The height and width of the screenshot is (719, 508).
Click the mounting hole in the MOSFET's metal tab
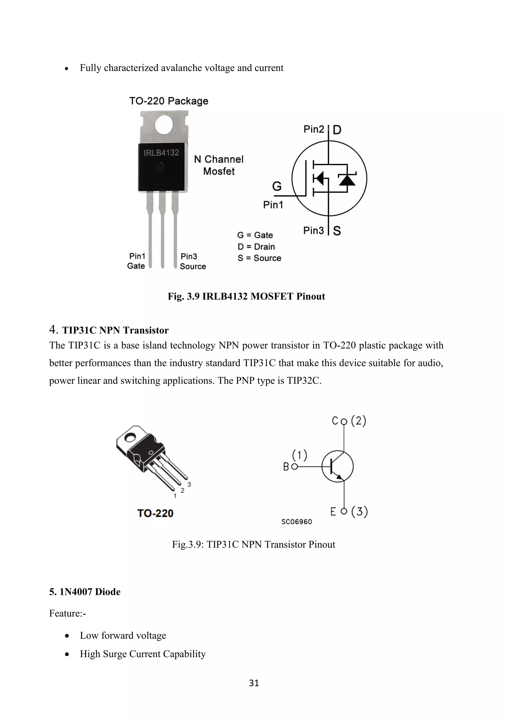click(164, 125)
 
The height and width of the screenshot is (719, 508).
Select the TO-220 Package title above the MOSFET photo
click(169, 101)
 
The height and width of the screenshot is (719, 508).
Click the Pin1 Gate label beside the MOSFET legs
click(136, 261)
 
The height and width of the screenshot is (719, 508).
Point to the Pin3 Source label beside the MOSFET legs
click(192, 261)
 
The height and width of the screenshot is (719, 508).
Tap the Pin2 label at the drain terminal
click(314, 129)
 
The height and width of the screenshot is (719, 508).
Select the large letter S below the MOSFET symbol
click(337, 231)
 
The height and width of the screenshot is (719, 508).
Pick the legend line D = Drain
click(256, 247)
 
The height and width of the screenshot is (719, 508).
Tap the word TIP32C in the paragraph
click(303, 381)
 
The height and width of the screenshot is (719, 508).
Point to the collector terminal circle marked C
click(344, 422)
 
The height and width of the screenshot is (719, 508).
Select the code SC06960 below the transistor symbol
click(297, 522)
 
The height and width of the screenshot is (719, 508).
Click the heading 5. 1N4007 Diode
click(85, 592)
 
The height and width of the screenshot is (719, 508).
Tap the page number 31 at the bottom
click(254, 683)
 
